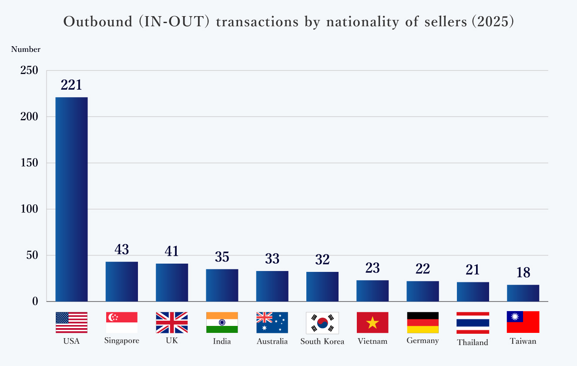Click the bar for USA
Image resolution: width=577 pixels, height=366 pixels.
point(71,199)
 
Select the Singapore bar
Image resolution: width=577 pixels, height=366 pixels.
point(122,281)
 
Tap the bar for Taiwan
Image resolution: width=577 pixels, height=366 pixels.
point(523,293)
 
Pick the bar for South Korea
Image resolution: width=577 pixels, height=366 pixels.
point(322,287)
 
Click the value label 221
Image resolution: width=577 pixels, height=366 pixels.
point(71,85)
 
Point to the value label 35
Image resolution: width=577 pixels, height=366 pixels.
point(222,257)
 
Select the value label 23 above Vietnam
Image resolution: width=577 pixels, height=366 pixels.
point(372,268)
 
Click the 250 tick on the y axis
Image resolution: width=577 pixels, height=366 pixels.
point(30,70)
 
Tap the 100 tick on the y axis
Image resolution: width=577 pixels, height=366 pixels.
point(30,209)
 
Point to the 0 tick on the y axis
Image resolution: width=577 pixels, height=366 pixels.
point(35,302)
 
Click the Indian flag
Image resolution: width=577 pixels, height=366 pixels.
point(222,322)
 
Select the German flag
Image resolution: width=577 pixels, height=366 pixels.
point(423,322)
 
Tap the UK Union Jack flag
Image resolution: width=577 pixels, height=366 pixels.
point(172,322)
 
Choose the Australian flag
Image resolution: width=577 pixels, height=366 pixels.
point(272,322)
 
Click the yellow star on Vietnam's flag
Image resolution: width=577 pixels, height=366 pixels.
point(372,323)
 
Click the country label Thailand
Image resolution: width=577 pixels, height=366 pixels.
point(473,342)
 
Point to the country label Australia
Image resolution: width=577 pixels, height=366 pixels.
point(272,341)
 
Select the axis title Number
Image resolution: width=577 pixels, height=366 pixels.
point(26,50)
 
